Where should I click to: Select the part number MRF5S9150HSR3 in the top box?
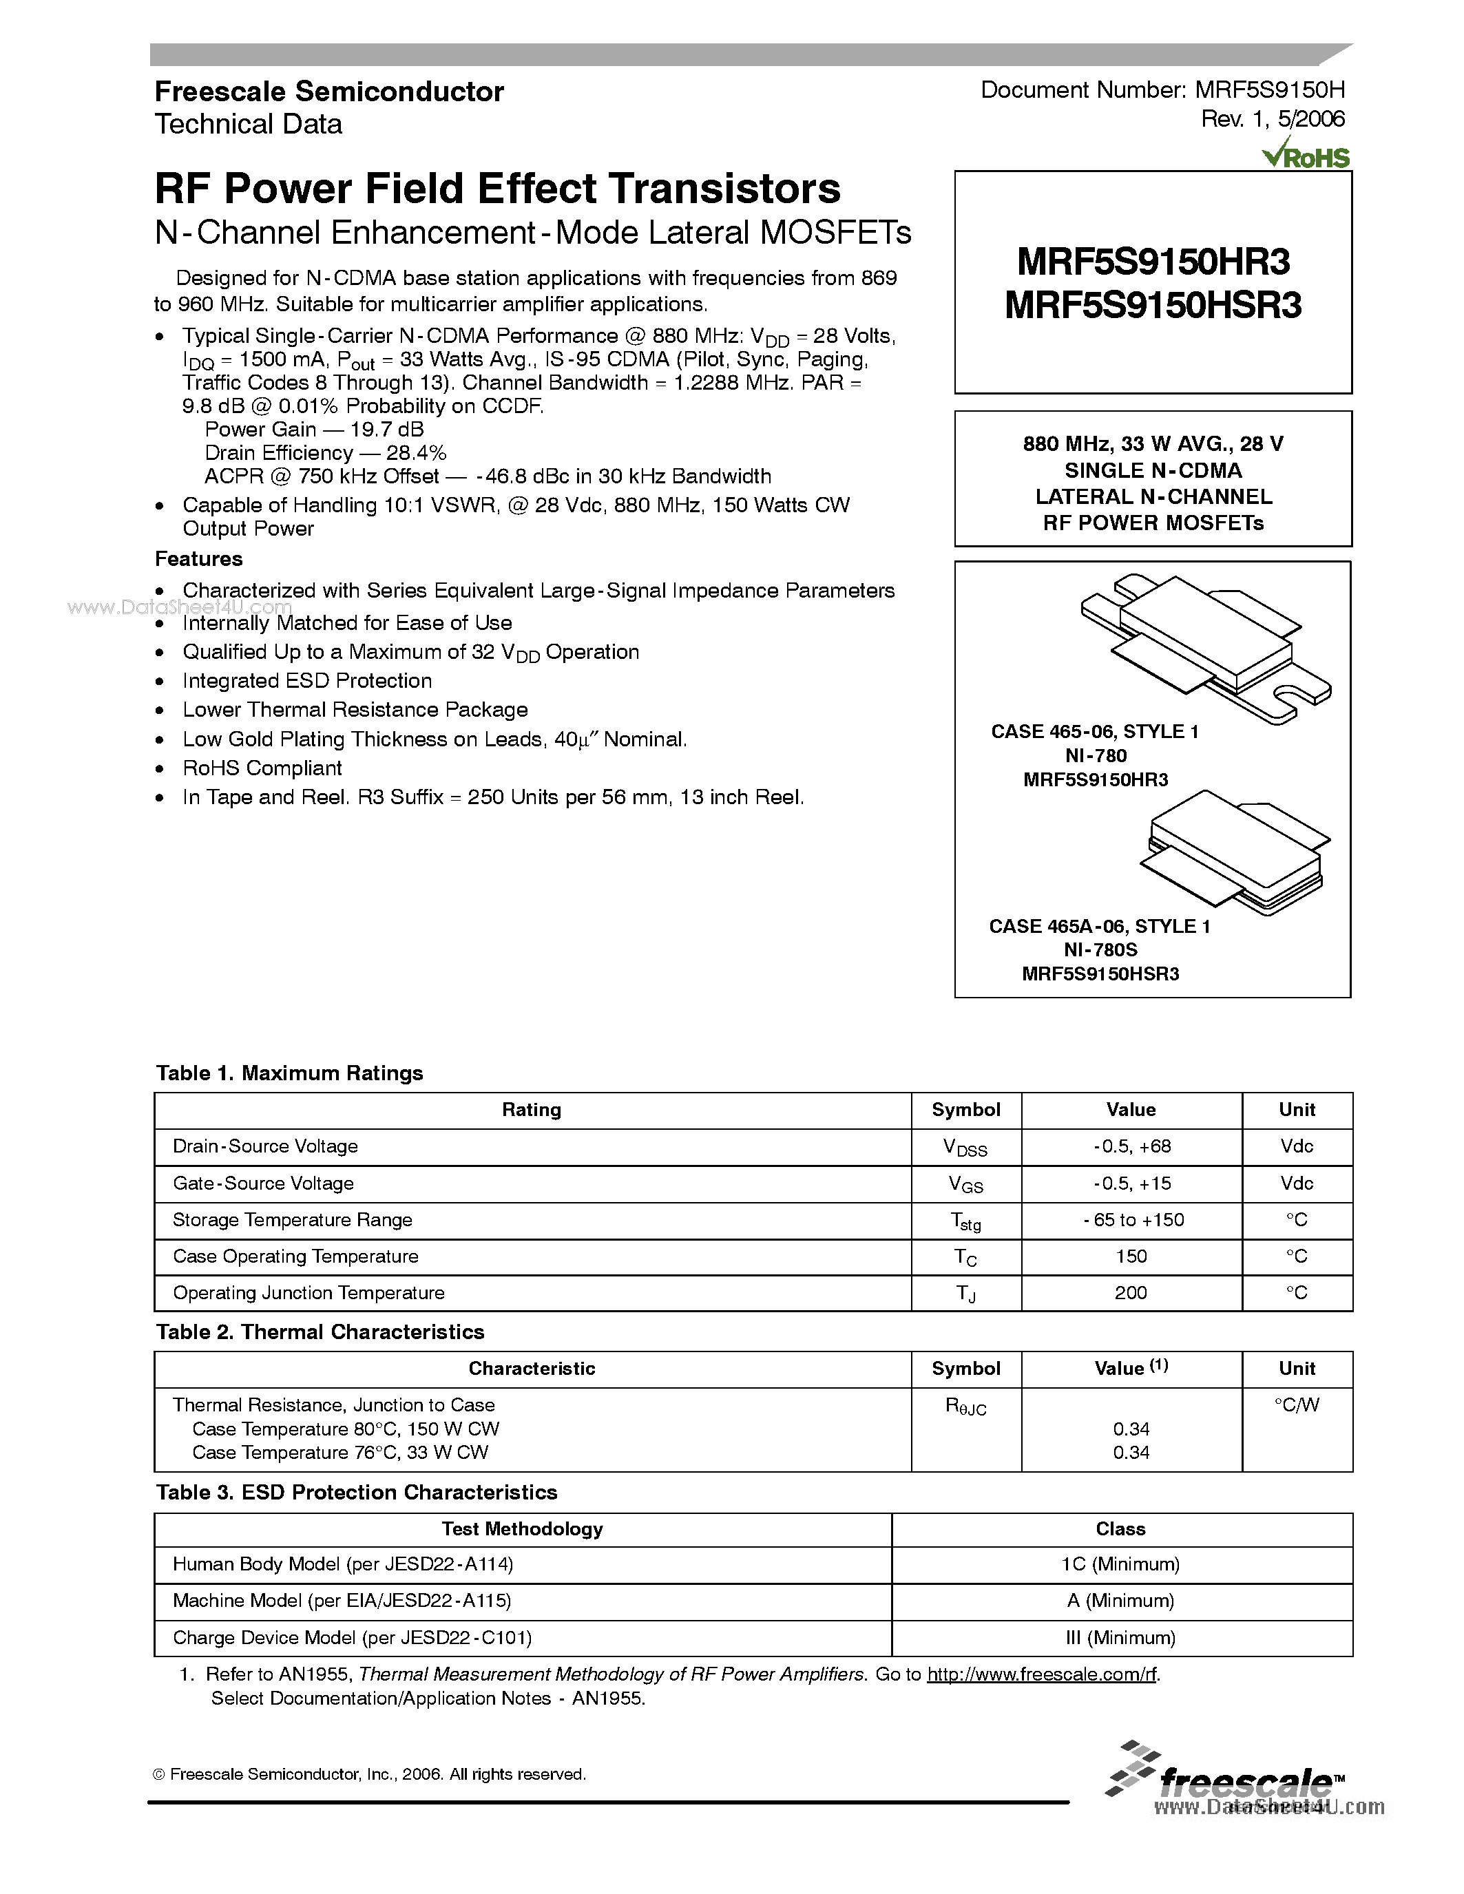click(x=1153, y=305)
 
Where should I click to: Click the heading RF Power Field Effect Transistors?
click(x=497, y=188)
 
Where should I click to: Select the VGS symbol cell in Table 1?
click(x=965, y=1183)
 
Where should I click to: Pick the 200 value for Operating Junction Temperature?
click(x=1130, y=1292)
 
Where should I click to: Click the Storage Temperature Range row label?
click(x=292, y=1219)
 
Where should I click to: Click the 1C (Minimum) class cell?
click(x=1120, y=1564)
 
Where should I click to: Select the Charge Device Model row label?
click(x=352, y=1637)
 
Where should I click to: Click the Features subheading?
click(x=198, y=558)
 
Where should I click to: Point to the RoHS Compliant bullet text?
click(x=262, y=768)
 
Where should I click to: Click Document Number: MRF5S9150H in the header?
click(x=1162, y=90)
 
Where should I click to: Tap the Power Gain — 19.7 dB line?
click(x=314, y=430)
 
